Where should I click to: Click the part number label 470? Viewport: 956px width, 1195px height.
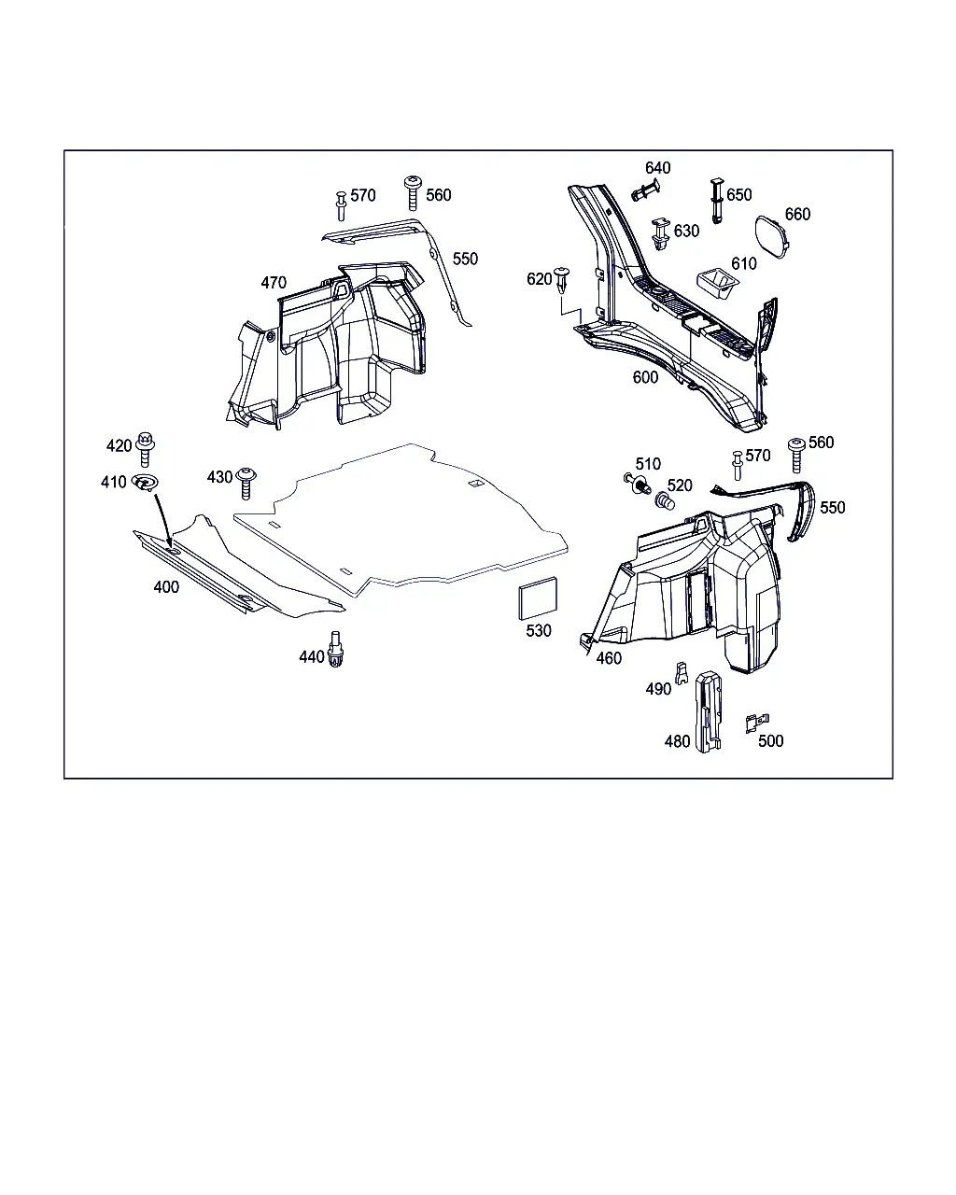click(274, 283)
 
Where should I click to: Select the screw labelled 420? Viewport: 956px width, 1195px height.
click(145, 449)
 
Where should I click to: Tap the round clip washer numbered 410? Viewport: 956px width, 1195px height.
click(145, 482)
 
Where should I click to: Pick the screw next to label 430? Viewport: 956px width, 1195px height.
click(246, 483)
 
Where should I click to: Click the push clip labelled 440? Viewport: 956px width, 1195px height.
click(335, 649)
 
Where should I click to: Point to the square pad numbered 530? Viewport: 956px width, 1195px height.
click(537, 598)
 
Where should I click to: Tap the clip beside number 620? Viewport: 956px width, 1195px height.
click(562, 282)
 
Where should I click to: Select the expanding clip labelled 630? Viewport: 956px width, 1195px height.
click(660, 233)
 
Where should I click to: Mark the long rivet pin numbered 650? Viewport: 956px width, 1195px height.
click(717, 201)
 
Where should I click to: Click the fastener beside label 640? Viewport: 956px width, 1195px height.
click(646, 190)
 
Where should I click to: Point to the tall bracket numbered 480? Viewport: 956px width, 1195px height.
click(709, 711)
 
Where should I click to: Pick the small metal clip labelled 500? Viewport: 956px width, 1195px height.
click(756, 723)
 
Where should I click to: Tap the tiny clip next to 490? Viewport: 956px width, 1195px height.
click(682, 673)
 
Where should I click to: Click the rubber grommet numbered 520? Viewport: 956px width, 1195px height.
click(665, 500)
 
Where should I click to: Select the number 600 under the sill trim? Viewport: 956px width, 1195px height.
click(645, 377)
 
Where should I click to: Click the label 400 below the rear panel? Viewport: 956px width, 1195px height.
click(166, 587)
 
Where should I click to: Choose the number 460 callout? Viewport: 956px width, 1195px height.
click(609, 658)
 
